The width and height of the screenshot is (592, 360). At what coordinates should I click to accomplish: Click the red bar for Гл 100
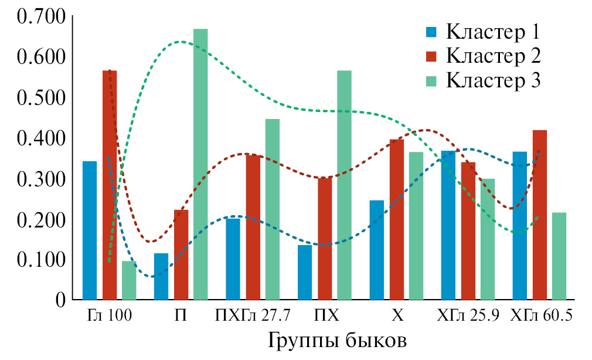click(x=110, y=185)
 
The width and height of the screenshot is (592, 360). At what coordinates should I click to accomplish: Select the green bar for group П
click(x=200, y=164)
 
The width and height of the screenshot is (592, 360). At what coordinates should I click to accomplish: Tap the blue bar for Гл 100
click(x=90, y=230)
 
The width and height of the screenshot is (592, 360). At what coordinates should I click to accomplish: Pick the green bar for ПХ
click(x=344, y=185)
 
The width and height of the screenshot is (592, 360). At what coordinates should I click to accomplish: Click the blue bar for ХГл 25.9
click(x=448, y=225)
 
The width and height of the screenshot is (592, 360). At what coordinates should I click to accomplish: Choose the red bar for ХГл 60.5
click(x=540, y=215)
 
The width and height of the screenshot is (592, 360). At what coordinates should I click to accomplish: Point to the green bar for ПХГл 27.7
click(x=273, y=209)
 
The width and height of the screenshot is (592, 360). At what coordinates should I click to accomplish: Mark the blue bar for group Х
click(x=377, y=250)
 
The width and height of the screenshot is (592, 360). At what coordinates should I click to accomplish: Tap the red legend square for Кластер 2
click(x=431, y=56)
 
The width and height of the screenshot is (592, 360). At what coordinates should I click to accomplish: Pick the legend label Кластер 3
click(x=492, y=80)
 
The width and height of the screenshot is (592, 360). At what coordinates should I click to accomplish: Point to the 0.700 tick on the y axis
click(x=42, y=17)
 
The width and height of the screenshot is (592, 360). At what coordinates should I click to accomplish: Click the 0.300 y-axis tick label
click(x=42, y=179)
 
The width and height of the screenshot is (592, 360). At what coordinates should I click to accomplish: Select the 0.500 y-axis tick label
click(x=42, y=98)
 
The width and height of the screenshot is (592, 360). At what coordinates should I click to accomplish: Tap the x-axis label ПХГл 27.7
click(x=253, y=316)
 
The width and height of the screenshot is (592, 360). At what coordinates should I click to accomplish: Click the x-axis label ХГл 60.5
click(x=542, y=316)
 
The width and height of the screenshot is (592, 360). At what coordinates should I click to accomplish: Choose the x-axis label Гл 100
click(x=109, y=316)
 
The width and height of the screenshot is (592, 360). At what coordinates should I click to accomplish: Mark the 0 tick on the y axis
click(x=59, y=300)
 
